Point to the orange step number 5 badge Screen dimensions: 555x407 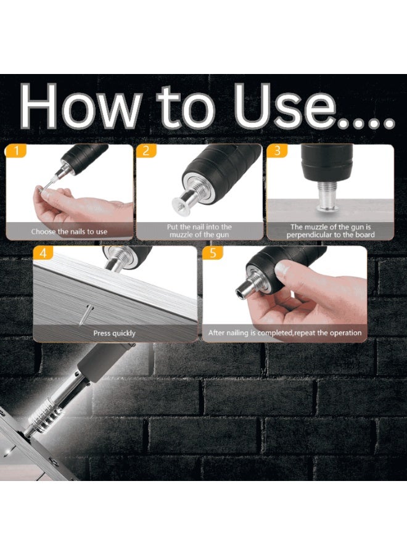[x=213, y=253]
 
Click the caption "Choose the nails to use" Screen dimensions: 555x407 [x=69, y=232]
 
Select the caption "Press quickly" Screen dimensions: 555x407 [x=114, y=333]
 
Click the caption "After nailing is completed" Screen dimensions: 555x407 [x=284, y=333]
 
